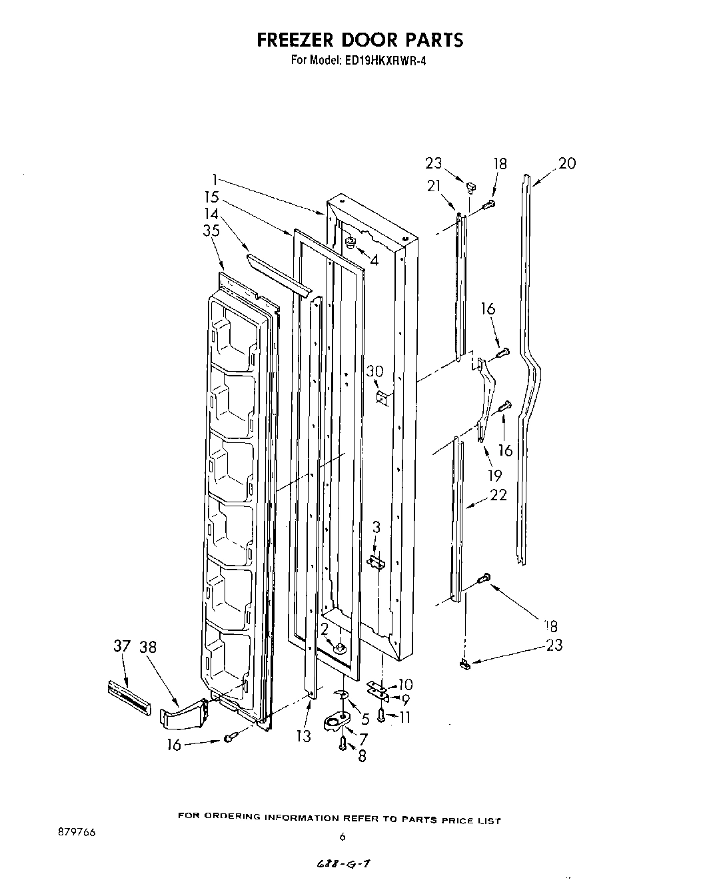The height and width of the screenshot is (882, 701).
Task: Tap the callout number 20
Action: pos(566,163)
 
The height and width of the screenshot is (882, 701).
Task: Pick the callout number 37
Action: pos(121,647)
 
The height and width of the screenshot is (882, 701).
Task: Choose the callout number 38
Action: pos(148,647)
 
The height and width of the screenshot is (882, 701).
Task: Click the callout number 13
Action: pos(303,736)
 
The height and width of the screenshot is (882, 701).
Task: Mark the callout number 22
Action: pos(498,494)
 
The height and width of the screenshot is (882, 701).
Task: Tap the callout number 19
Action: pos(494,475)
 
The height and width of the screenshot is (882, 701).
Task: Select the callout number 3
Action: pos(376,528)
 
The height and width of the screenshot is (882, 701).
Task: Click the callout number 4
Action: pos(374,261)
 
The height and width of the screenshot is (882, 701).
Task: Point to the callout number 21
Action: pos(434,186)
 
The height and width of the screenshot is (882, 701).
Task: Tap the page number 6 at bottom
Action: pos(342,837)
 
